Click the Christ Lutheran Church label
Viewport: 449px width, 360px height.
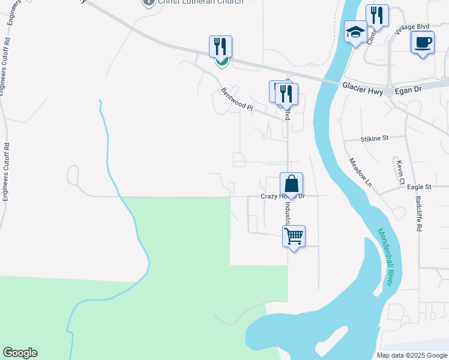click(200, 2)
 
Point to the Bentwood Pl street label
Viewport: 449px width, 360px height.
click(237, 99)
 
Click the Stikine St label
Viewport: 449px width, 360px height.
click(375, 138)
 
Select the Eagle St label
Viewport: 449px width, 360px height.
click(419, 187)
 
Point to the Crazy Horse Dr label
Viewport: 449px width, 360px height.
click(283, 196)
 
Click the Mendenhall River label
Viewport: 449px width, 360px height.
click(385, 257)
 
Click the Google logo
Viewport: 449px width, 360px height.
click(20, 353)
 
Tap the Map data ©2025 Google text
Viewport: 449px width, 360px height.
click(412, 355)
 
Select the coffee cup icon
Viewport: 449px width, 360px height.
click(423, 42)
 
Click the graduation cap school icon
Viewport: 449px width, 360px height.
click(355, 32)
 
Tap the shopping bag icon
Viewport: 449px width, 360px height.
click(291, 184)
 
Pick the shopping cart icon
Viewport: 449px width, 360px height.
click(294, 236)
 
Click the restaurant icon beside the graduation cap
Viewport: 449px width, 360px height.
click(377, 16)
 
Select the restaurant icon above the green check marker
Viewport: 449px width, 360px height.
click(220, 46)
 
